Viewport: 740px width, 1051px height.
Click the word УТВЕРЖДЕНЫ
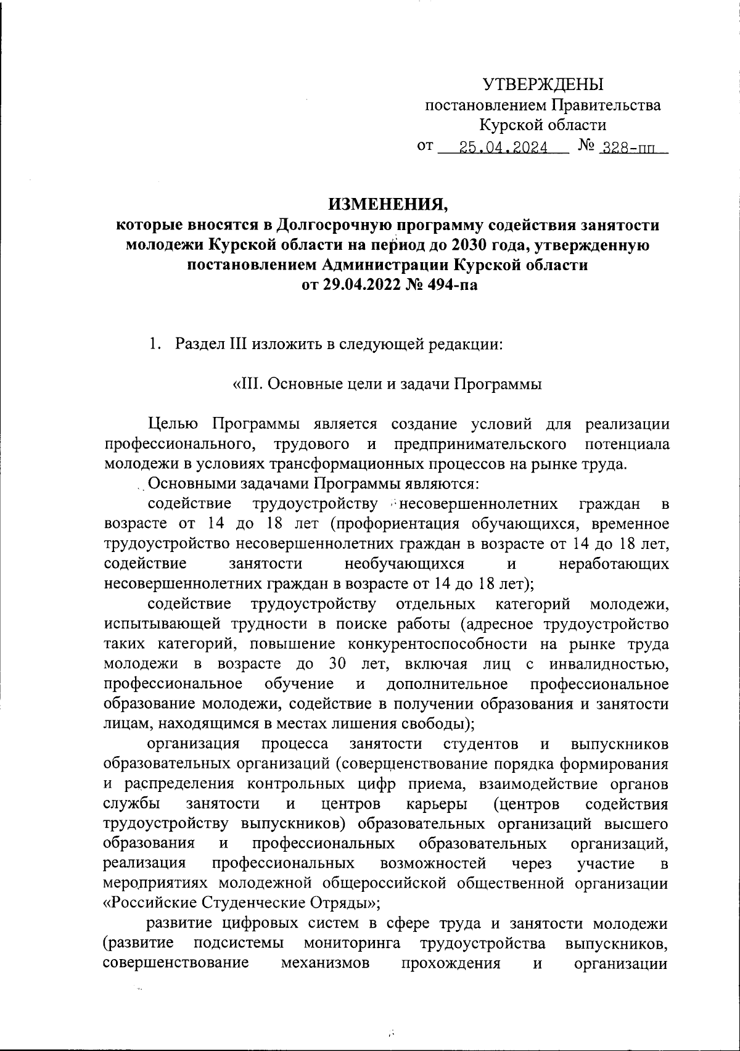pos(543,84)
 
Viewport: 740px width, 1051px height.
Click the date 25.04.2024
pos(503,148)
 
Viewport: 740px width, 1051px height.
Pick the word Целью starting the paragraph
pos(173,424)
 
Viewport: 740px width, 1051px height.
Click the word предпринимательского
pos(480,444)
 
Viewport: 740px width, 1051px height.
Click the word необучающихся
pos(404,564)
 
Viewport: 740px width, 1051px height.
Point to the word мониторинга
pos(351,944)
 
